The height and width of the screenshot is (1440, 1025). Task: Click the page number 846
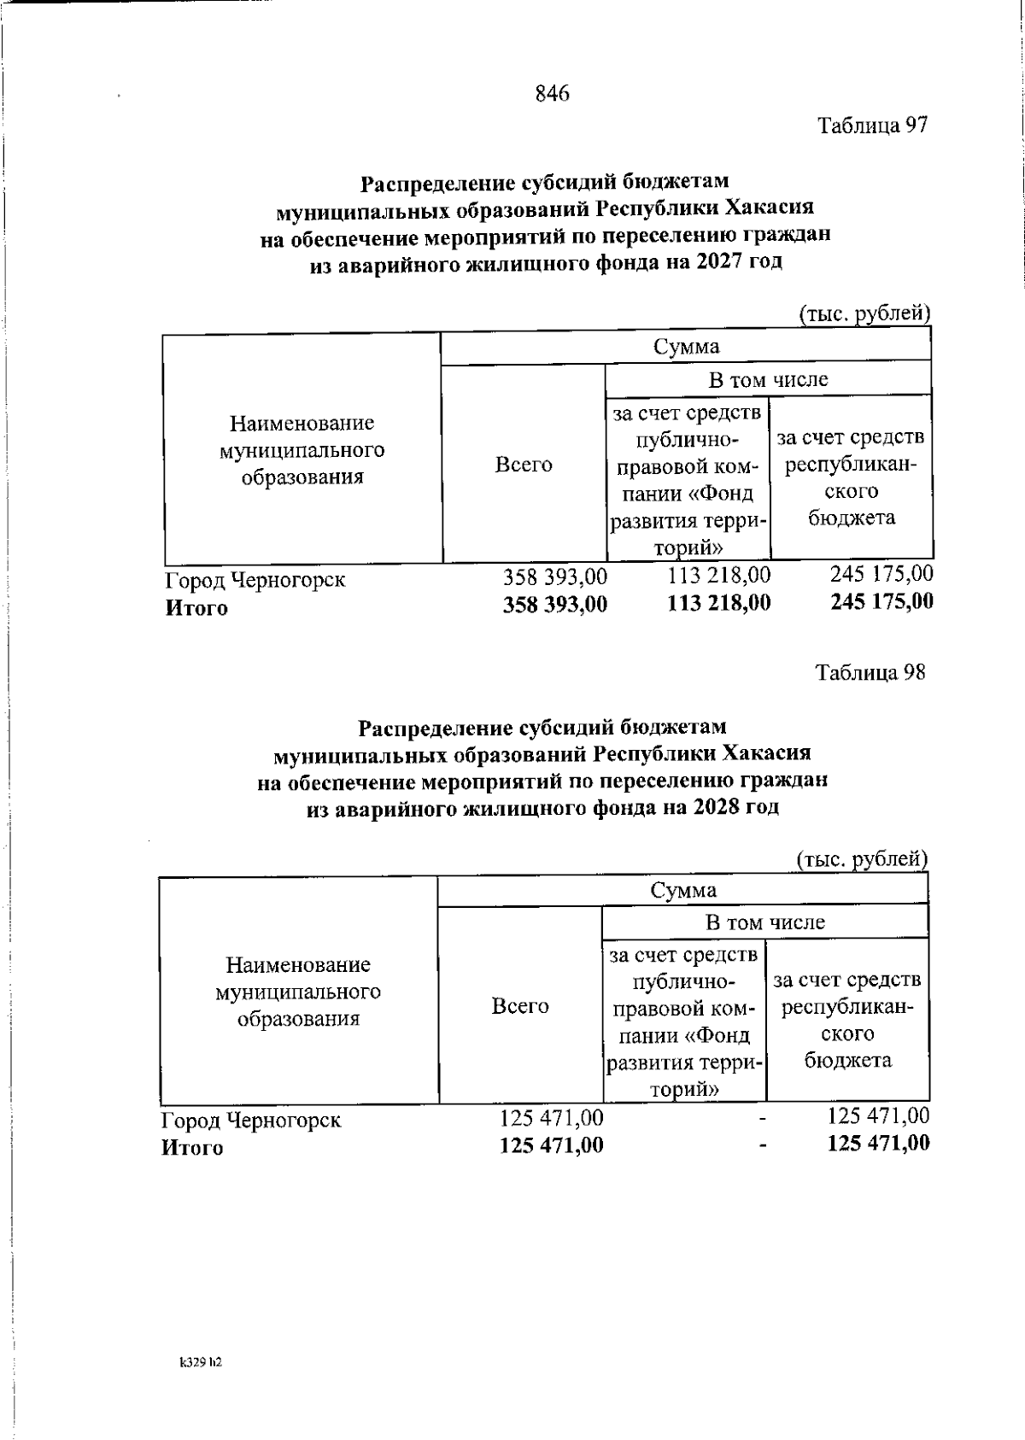point(552,93)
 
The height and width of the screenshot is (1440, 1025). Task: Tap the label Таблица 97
point(871,126)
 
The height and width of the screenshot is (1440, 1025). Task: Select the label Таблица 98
point(870,672)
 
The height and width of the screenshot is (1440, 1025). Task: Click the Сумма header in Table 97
point(685,346)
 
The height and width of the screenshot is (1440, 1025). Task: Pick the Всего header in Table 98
point(519,1006)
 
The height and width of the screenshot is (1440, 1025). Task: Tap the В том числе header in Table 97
point(767,379)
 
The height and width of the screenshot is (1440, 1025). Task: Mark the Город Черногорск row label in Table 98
point(251,1120)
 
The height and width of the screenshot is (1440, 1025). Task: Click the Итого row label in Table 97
point(196,608)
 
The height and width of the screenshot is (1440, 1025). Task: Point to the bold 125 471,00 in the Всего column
point(551,1144)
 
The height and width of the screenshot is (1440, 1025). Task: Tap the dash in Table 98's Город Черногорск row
point(763,1118)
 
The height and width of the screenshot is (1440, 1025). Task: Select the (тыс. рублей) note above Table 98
point(861,858)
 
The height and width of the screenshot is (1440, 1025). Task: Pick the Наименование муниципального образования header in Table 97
point(302,449)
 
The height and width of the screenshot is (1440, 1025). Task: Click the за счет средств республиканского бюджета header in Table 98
point(847,1020)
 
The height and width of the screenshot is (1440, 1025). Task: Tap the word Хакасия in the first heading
point(769,208)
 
